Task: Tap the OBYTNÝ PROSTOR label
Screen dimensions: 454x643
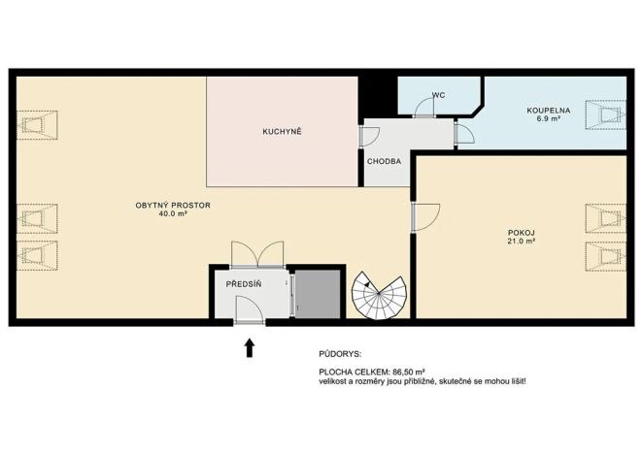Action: click(x=173, y=205)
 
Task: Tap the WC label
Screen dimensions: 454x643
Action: click(x=438, y=95)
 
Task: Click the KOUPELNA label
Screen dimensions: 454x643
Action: click(x=549, y=110)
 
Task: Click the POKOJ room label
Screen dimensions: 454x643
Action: click(x=521, y=232)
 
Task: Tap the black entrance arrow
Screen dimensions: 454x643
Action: click(x=250, y=346)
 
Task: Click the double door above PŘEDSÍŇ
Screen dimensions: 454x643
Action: click(x=257, y=254)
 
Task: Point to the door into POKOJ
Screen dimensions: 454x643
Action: click(x=424, y=217)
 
